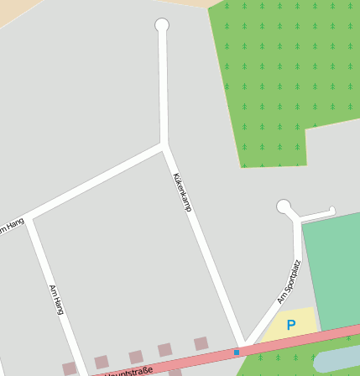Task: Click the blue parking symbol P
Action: pyautogui.click(x=291, y=324)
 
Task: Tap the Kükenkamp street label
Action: pyautogui.click(x=182, y=191)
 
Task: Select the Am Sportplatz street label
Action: pyautogui.click(x=289, y=281)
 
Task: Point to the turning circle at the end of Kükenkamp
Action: pyautogui.click(x=162, y=25)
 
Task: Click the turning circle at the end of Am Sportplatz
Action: pyautogui.click(x=284, y=206)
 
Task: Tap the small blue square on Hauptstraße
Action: pyautogui.click(x=237, y=352)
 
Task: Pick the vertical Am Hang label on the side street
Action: pyautogui.click(x=57, y=299)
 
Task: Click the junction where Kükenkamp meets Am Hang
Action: pyautogui.click(x=163, y=144)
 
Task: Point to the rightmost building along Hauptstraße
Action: pyautogui.click(x=201, y=343)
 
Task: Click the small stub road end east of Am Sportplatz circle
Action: pyautogui.click(x=332, y=211)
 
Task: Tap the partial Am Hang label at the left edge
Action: pyautogui.click(x=10, y=227)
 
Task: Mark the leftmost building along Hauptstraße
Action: pyautogui.click(x=70, y=368)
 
